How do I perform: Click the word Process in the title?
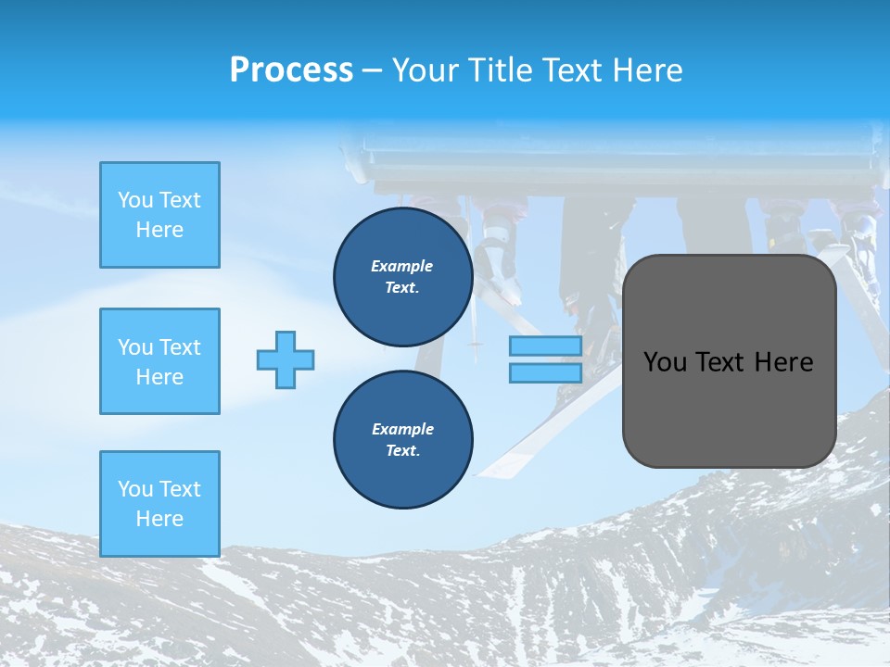pos(291,70)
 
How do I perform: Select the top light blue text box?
pos(159,215)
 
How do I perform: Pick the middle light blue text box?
pos(159,361)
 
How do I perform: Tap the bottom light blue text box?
pos(159,503)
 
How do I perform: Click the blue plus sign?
pos(286,359)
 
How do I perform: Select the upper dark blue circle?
pos(402,277)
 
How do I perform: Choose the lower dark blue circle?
pos(402,439)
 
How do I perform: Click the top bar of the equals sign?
pos(545,346)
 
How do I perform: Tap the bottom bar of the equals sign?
pos(545,373)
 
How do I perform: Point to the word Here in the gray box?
pos(783,362)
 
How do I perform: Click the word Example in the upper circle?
pos(402,266)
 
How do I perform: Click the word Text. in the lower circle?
pos(402,450)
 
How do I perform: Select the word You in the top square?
pos(135,200)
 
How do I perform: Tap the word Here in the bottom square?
pos(159,519)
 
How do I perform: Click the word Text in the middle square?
pos(179,347)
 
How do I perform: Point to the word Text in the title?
pos(579,70)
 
